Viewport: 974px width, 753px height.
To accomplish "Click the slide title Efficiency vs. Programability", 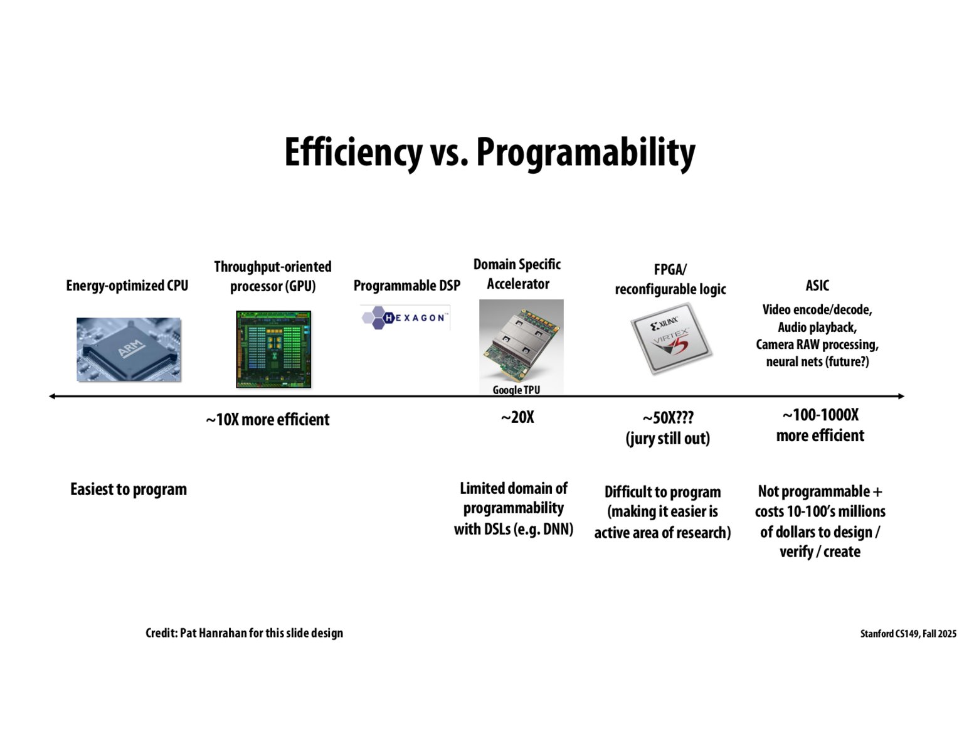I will point(489,152).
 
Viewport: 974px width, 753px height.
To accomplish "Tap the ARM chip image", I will point(129,350).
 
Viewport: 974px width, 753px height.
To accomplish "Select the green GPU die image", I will point(273,349).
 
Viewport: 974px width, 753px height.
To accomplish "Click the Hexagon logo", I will point(405,318).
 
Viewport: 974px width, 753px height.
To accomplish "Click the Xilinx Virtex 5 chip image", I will point(670,339).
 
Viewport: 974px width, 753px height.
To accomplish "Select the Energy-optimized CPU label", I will point(127,286).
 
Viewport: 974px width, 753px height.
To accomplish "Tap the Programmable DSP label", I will point(406,286).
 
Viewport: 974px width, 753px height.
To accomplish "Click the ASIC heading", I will point(817,286).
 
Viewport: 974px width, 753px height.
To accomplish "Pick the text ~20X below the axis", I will point(517,417).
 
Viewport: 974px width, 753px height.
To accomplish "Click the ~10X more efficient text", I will point(267,419).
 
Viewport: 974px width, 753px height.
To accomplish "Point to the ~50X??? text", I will point(668,418).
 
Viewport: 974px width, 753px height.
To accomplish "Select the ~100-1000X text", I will point(820,415).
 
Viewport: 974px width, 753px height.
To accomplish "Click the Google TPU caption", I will point(516,390).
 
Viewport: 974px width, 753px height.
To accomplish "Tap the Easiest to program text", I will point(129,489).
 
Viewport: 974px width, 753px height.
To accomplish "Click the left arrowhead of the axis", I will point(53,396).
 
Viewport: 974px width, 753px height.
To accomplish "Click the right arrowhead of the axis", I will point(901,396).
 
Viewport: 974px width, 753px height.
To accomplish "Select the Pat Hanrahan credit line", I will point(244,633).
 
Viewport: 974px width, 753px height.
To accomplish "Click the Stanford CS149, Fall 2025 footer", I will point(908,634).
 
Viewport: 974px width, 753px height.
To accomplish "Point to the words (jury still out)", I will point(668,438).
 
